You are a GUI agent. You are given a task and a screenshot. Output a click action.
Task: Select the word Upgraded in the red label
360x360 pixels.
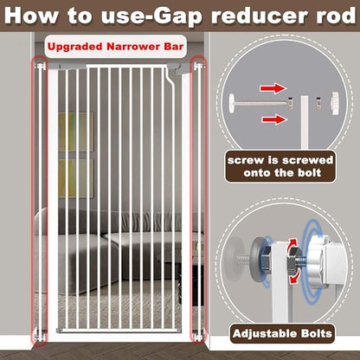(x=75, y=47)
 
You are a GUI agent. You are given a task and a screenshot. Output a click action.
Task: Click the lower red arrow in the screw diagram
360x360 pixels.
(x=274, y=119)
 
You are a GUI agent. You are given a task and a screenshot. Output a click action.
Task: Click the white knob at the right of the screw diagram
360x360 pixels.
(x=335, y=103)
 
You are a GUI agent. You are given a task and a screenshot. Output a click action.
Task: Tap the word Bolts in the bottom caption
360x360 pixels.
(x=316, y=334)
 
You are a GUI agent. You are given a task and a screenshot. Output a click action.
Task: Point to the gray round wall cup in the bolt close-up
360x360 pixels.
(x=258, y=260)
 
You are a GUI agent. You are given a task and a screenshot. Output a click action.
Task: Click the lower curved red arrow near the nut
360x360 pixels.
(x=296, y=278)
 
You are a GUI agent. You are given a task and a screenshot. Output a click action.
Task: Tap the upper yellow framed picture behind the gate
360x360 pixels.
(x=76, y=132)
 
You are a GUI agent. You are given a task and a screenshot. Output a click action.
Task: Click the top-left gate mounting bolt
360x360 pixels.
(x=41, y=67)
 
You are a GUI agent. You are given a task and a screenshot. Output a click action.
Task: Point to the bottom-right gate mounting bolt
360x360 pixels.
(x=198, y=337)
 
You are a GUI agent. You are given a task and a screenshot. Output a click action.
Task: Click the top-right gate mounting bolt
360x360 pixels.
(x=199, y=67)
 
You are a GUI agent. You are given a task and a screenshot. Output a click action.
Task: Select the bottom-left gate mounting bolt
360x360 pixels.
(x=40, y=337)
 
